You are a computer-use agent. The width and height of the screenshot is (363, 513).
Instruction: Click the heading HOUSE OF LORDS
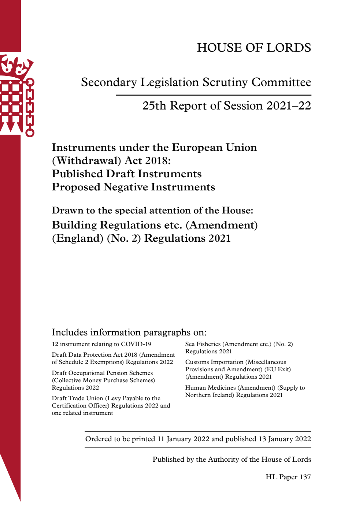click(x=254, y=48)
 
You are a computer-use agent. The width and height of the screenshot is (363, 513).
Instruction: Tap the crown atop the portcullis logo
click(x=16, y=66)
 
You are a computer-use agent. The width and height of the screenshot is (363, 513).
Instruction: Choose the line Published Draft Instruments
click(x=127, y=174)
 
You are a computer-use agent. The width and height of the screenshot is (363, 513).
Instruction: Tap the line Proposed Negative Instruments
click(x=133, y=187)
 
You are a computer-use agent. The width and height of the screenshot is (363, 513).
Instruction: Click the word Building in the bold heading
click(x=74, y=225)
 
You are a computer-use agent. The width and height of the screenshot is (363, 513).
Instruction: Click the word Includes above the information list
click(x=70, y=332)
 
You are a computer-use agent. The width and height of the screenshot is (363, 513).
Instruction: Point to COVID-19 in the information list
click(x=136, y=344)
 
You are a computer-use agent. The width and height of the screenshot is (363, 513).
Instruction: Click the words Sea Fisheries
click(x=203, y=344)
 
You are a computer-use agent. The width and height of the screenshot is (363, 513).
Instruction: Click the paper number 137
click(x=305, y=477)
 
